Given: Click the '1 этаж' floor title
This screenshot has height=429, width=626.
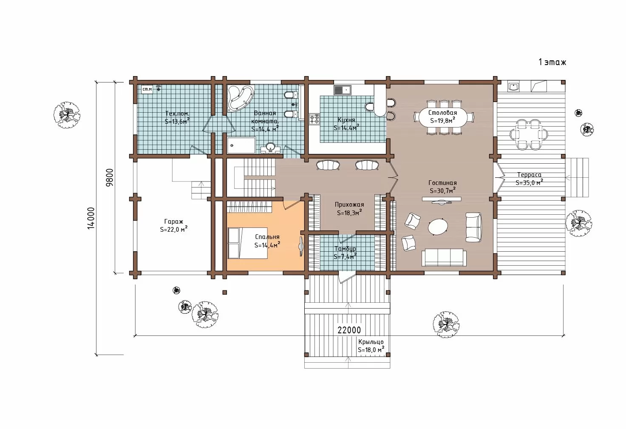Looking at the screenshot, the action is tap(552, 62).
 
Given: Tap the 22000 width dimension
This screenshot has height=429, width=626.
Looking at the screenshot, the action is tap(349, 330).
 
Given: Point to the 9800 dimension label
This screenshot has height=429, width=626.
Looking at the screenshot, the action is tap(110, 177).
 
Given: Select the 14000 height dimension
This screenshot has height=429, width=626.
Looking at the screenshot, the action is tap(91, 218).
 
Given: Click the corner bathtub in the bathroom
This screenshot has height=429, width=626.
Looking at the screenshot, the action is tap(241, 98).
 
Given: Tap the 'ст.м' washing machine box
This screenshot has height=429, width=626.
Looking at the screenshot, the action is tap(147, 89).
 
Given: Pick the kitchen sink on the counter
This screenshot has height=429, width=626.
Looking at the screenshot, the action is tap(343, 90).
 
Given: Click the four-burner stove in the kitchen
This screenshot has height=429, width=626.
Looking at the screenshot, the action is tap(314, 119).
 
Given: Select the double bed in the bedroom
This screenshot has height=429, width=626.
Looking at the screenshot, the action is tap(248, 243).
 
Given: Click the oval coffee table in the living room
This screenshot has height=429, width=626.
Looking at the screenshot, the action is tap(438, 227).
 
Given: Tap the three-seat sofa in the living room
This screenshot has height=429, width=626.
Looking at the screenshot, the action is tap(444, 258).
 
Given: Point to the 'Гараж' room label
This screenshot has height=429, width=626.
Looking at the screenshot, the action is tap(174, 222).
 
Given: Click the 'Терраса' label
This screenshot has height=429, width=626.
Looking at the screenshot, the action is tap(529, 175).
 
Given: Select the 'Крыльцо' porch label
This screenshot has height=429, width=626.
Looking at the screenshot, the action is tap(371, 342).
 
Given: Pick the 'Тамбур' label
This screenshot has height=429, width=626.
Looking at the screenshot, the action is tap(345, 249).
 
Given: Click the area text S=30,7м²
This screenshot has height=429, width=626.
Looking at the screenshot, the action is tap(443, 190).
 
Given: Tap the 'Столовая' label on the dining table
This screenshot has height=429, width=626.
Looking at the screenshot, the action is tap(443, 113).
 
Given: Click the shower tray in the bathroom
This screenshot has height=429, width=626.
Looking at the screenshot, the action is tap(241, 145).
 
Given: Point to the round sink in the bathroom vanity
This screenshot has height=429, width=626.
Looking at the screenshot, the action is tap(270, 147).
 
